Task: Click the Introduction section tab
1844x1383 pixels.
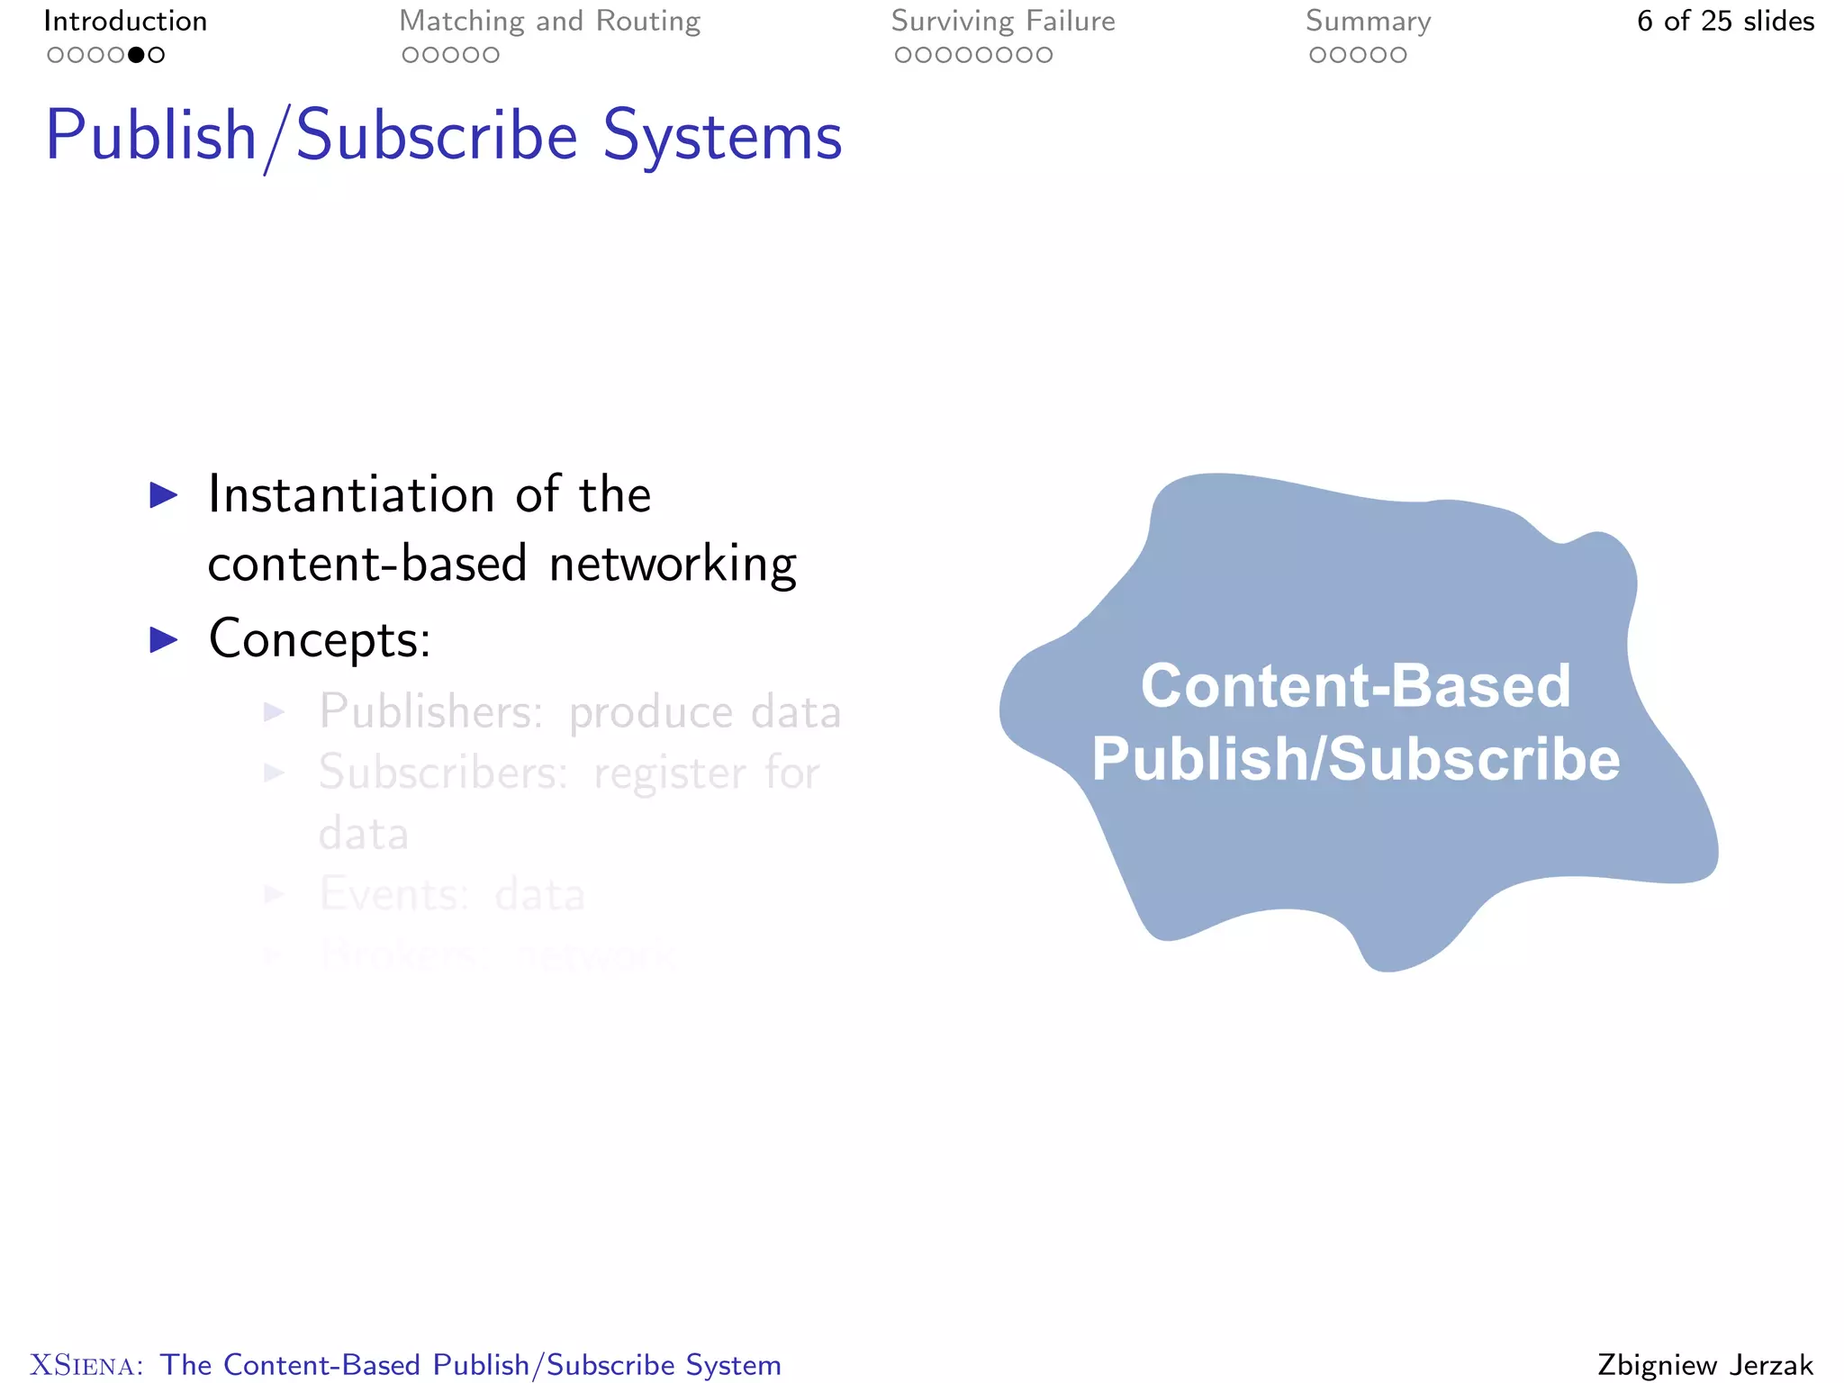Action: tap(125, 21)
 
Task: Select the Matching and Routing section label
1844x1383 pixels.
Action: tap(549, 21)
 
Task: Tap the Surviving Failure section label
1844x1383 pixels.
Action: tap(1003, 21)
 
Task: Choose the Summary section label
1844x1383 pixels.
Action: tap(1368, 21)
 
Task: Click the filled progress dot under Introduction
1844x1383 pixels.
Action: tap(136, 55)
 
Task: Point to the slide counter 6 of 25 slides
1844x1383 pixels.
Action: tap(1725, 21)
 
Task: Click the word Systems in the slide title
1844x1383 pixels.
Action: tap(722, 137)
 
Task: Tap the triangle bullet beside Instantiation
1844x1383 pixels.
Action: tap(163, 494)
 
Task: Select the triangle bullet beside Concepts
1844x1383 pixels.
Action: tap(163, 639)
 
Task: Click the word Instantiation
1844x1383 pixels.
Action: tap(351, 494)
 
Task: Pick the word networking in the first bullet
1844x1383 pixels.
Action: tap(673, 565)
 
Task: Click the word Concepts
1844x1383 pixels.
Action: tap(319, 639)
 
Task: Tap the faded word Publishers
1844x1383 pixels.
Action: tap(430, 711)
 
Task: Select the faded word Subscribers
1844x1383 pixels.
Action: tap(442, 773)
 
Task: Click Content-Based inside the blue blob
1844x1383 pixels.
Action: tap(1355, 686)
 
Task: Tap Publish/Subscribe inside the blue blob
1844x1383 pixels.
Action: tap(1355, 759)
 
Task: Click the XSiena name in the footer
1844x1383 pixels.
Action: tap(86, 1365)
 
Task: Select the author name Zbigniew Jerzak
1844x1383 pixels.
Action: tap(1705, 1365)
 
